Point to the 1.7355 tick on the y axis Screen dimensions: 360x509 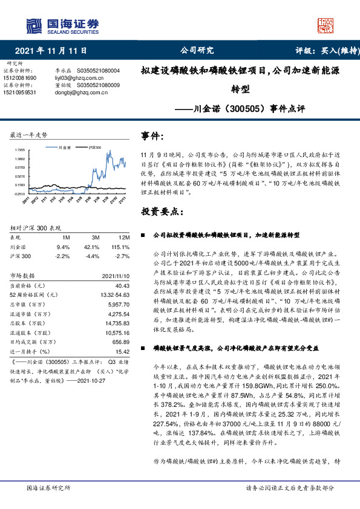(x=19, y=149)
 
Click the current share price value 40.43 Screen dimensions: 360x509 (x=122, y=285)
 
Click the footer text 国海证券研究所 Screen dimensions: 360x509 (x=47, y=488)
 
